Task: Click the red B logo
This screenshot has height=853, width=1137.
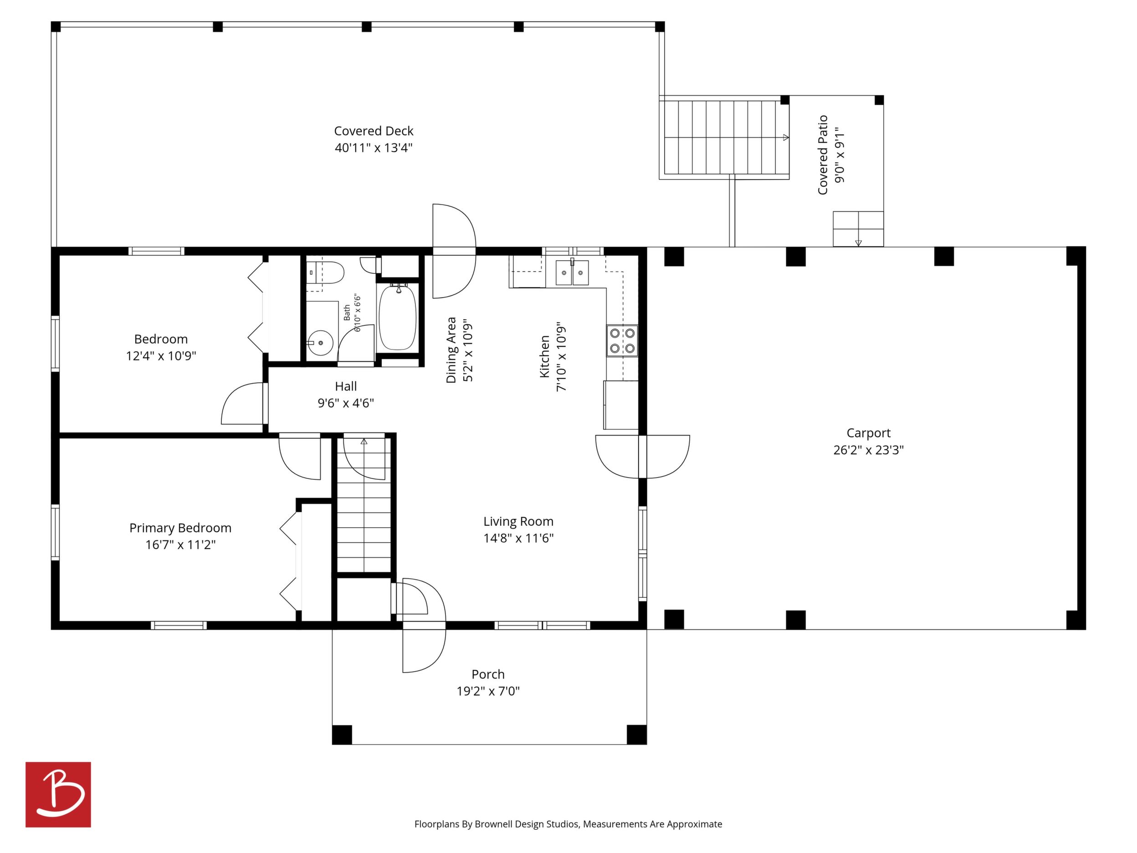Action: click(x=58, y=794)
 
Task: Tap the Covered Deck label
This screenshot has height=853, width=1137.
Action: click(x=374, y=131)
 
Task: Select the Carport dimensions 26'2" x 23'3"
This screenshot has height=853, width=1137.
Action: click(x=868, y=450)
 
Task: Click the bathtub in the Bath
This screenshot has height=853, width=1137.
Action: click(x=397, y=317)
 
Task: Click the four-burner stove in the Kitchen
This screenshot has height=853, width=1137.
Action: click(x=622, y=341)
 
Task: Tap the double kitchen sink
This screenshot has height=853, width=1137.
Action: click(x=572, y=272)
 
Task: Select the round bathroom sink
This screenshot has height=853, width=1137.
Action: click(x=320, y=343)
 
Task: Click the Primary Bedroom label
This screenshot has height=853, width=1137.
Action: click(x=180, y=528)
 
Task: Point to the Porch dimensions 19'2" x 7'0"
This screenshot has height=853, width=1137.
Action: click(x=488, y=691)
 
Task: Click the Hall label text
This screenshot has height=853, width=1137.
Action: click(x=345, y=386)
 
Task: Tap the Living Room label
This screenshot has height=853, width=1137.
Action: click(x=518, y=521)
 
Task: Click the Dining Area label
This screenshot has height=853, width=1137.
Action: click(x=451, y=349)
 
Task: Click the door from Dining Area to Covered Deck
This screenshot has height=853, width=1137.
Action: click(x=454, y=251)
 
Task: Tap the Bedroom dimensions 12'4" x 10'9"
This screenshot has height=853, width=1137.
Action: click(x=161, y=356)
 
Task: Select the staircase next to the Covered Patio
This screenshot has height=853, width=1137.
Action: click(x=724, y=137)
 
